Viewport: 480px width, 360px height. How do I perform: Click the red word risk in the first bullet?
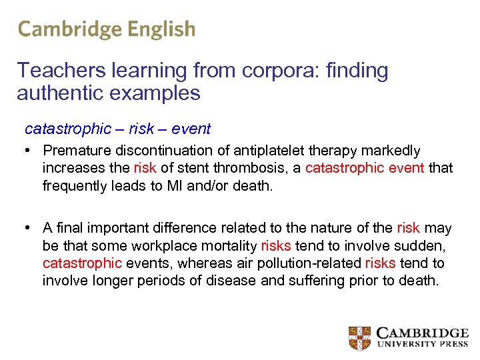click(x=145, y=168)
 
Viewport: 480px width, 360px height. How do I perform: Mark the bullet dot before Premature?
click(x=28, y=151)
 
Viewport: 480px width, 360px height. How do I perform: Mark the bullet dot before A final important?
click(x=28, y=229)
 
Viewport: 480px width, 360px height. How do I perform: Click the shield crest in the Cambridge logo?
click(x=359, y=338)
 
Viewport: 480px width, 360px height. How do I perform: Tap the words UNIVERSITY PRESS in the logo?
click(x=423, y=345)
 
